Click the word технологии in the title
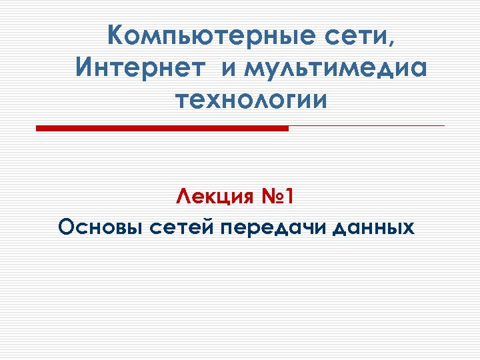coord(251,101)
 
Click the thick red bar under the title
coord(162,128)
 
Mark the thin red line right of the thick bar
coord(367,125)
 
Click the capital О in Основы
coord(67,228)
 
